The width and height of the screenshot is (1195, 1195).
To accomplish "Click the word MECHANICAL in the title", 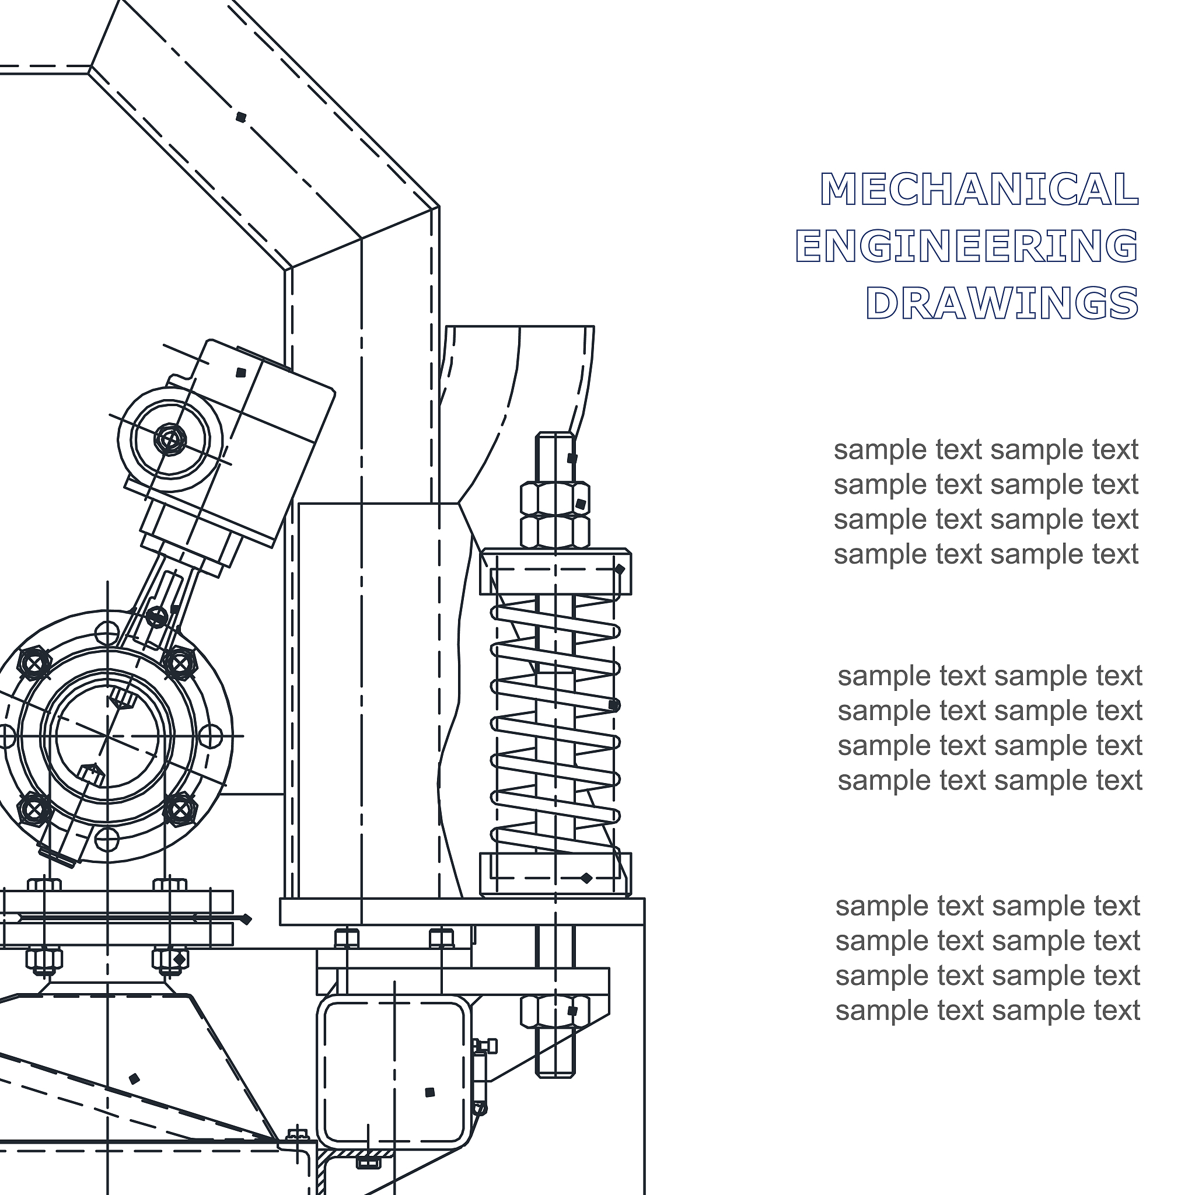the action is point(979,188).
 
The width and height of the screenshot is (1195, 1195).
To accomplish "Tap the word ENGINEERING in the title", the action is point(967,246).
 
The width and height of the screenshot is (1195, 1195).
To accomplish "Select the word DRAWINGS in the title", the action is point(1002,302).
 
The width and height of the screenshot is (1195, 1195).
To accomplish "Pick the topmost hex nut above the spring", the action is point(555,499).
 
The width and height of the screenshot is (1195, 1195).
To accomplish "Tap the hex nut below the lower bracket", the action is point(555,1012).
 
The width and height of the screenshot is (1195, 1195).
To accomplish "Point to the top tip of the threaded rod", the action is point(555,433).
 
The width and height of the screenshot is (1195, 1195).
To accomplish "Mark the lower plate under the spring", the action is point(555,875).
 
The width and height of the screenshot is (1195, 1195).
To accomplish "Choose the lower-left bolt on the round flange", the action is point(34,809).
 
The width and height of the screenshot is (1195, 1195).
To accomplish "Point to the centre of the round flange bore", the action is point(107,736).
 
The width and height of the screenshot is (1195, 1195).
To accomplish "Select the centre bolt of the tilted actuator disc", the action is point(169,440).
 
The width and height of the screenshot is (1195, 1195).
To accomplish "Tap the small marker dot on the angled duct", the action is point(241,117).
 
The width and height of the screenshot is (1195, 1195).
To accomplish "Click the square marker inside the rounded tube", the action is point(430,1092).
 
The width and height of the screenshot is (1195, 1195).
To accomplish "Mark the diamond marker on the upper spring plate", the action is point(619,569).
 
